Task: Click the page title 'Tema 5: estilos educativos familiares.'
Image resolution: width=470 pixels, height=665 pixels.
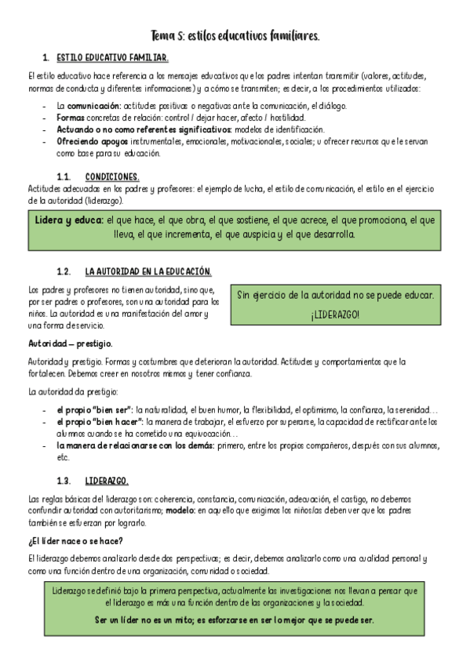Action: click(235, 36)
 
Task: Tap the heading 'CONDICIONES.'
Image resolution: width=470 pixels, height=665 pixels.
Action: click(112, 176)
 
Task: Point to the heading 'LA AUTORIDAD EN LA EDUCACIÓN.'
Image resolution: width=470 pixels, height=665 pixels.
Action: click(148, 271)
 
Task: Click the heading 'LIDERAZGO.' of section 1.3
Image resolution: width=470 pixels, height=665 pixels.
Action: click(107, 480)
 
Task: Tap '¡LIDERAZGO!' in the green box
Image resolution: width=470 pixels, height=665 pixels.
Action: click(335, 314)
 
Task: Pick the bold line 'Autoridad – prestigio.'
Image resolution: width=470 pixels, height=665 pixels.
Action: click(70, 343)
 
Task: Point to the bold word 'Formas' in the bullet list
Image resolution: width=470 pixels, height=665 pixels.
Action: click(69, 118)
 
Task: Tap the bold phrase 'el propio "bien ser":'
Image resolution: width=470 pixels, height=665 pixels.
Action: click(94, 409)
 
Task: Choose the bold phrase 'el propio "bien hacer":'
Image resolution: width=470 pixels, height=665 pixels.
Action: click(98, 421)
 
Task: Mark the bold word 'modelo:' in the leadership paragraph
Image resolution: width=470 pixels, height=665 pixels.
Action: click(180, 511)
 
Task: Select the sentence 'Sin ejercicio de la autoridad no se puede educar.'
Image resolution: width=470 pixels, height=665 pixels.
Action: click(335, 295)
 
